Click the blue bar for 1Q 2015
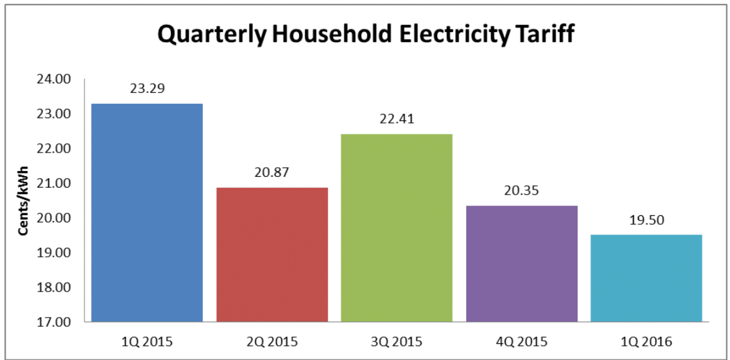click(x=147, y=212)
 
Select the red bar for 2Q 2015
click(x=272, y=254)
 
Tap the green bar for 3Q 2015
click(x=397, y=228)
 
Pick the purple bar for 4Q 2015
click(x=522, y=263)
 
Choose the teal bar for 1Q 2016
click(x=646, y=278)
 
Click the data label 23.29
click(x=147, y=88)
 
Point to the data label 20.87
click(x=272, y=173)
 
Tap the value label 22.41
click(x=397, y=119)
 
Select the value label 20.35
click(x=522, y=191)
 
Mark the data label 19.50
click(x=647, y=220)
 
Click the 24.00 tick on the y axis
click(x=54, y=79)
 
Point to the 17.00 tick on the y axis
click(x=54, y=322)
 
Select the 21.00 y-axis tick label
click(x=54, y=183)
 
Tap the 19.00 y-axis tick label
click(x=54, y=253)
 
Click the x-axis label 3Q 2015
click(x=396, y=342)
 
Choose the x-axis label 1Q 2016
click(x=646, y=342)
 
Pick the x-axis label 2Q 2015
click(x=272, y=342)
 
